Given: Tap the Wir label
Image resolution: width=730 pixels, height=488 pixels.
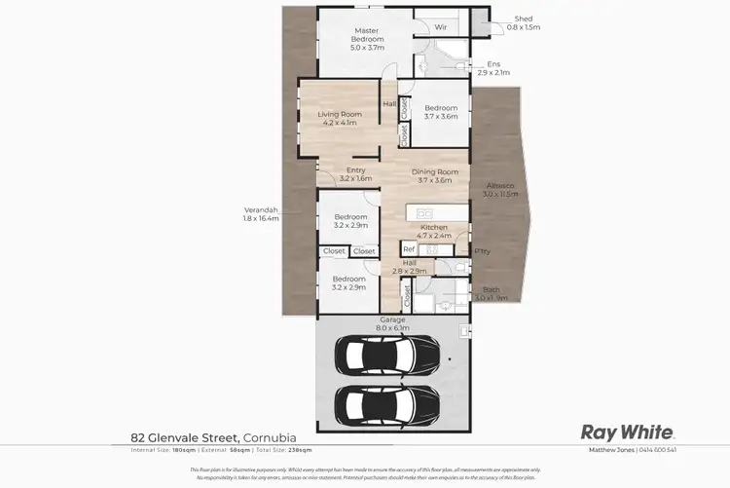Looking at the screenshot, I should point(440,26).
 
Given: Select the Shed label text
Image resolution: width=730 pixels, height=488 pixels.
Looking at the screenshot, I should point(524,19).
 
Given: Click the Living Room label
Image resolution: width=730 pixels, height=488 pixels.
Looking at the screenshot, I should point(340,114).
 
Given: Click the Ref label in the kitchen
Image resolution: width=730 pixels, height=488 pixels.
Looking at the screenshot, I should point(409,249).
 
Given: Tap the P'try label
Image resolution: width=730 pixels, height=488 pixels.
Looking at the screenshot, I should point(482,251).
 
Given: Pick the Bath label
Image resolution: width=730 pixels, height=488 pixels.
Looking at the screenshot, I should point(492,289).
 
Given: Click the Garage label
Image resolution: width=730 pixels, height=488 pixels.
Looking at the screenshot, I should point(393,319).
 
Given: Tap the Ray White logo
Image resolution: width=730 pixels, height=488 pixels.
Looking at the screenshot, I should point(627,432).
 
